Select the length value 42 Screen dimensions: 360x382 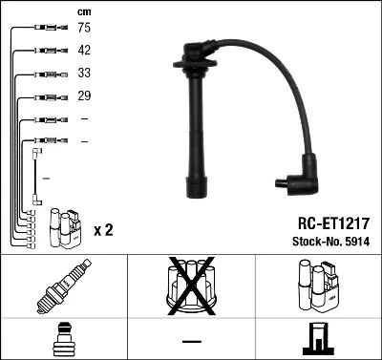point(84,52)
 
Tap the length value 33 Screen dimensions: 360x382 point(84,74)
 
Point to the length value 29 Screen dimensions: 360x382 point(84,95)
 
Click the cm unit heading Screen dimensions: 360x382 point(84,11)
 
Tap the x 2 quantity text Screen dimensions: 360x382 point(104,230)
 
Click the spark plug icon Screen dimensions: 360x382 point(63,286)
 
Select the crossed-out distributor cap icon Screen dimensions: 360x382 point(191,286)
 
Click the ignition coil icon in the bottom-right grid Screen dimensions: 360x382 point(318,286)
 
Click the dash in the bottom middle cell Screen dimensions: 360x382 point(191,340)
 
